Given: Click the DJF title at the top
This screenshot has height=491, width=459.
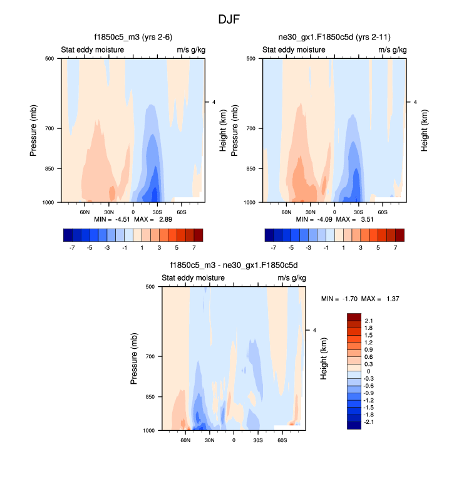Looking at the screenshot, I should coord(229,19).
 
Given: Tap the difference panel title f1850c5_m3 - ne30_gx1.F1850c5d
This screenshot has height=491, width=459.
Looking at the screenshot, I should coord(234,265).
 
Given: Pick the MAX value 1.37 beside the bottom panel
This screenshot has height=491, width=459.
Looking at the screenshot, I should coord(391,299).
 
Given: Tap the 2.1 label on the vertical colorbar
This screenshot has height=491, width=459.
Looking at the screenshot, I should coord(369,321).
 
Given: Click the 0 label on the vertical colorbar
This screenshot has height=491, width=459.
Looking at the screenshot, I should coord(367,371).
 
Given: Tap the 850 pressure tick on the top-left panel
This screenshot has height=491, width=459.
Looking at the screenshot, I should coord(51,168).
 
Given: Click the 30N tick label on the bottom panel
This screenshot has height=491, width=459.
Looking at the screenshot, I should coord(210,440).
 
